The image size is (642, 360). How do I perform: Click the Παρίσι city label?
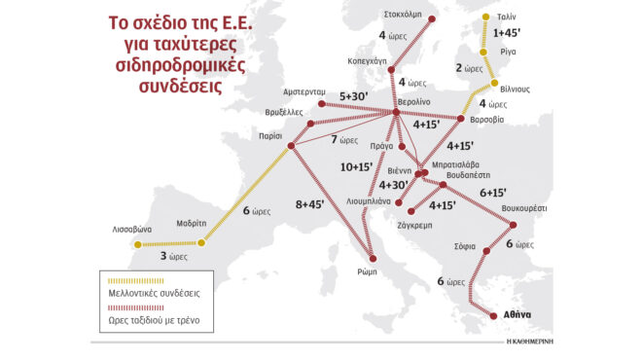tap(269, 138)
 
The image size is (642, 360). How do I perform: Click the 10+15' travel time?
tap(355, 166)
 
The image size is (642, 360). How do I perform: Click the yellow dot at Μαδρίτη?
tap(201, 243)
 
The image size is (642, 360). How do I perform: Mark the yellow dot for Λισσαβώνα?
tap(138, 244)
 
